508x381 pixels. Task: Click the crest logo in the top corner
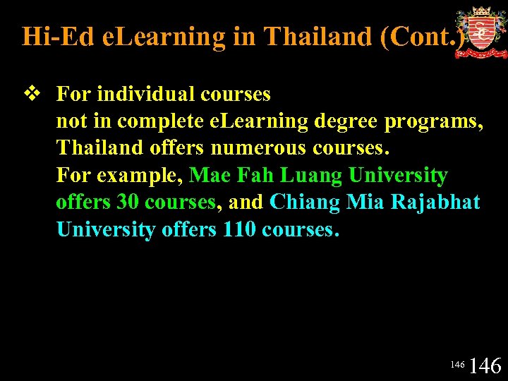[480, 32]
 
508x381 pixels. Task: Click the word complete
[163, 121]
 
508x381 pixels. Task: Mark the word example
[149, 176]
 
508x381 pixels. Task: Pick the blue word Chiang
[304, 202]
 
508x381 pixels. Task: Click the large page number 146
[485, 365]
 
